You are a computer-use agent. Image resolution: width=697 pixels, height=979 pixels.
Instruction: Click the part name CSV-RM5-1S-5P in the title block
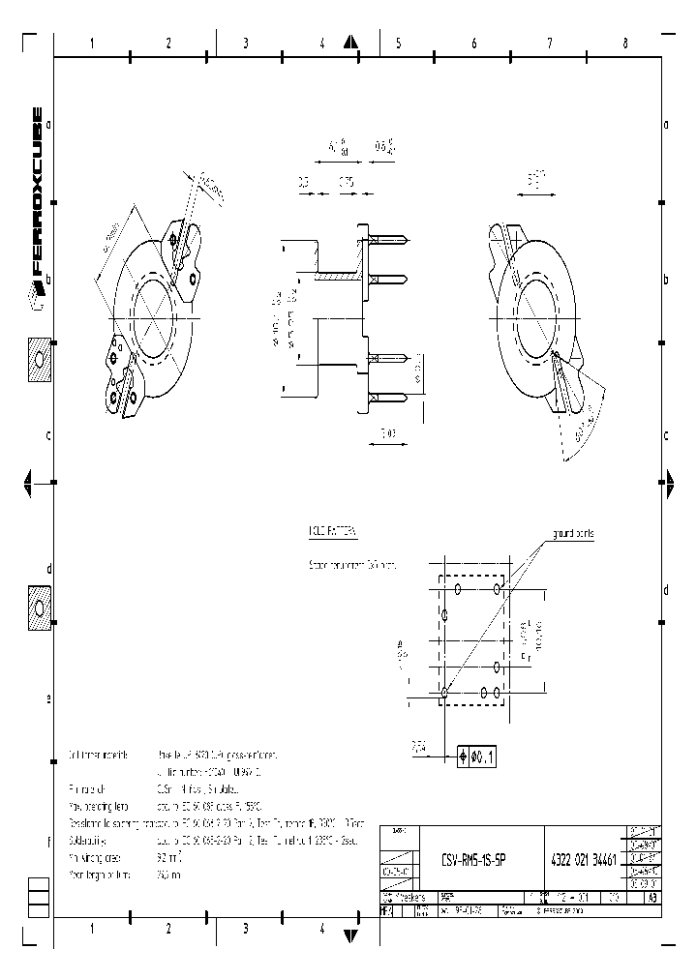pyautogui.click(x=473, y=859)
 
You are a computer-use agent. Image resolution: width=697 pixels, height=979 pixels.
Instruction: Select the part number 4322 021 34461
pyautogui.click(x=585, y=859)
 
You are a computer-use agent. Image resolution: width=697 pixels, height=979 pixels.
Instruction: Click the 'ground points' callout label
pyautogui.click(x=573, y=533)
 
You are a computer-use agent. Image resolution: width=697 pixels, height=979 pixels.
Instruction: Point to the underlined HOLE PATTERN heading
pyautogui.click(x=332, y=532)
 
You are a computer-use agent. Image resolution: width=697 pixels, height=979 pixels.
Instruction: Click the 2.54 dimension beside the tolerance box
pyautogui.click(x=418, y=746)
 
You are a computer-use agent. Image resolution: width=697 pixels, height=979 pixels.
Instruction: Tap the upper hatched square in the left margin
pyautogui.click(x=40, y=359)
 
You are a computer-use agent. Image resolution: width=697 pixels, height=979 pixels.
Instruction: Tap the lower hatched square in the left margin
pyautogui.click(x=40, y=608)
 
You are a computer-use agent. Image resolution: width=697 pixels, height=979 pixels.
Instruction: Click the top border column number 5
pyautogui.click(x=398, y=44)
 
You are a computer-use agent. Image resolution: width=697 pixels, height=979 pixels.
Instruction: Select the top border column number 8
pyautogui.click(x=625, y=44)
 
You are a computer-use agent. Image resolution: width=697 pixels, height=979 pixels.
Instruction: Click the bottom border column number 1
pyautogui.click(x=92, y=929)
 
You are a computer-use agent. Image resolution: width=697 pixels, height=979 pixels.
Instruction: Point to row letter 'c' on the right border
pyautogui.click(x=667, y=434)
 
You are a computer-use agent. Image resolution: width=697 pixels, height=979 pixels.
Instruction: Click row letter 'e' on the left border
pyautogui.click(x=48, y=697)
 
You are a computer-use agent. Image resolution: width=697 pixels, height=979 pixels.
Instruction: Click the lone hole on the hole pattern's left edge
pyautogui.click(x=444, y=614)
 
